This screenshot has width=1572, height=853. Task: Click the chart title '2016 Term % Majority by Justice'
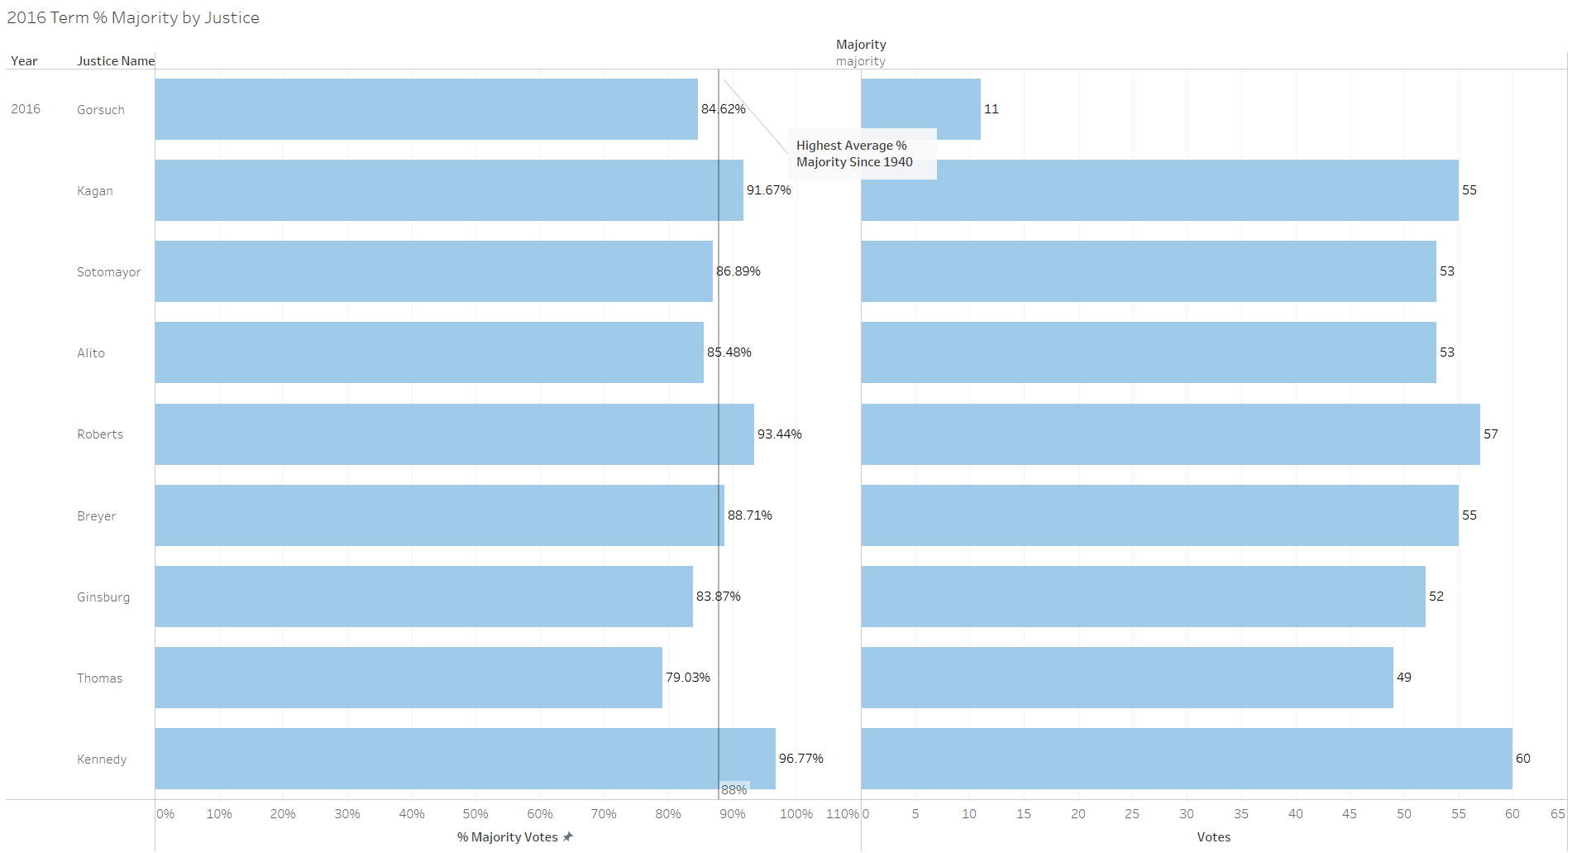133,18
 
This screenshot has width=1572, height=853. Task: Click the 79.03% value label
688,678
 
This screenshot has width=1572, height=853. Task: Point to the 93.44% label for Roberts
780,434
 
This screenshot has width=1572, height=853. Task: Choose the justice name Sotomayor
109,272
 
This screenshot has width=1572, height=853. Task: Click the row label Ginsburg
103,597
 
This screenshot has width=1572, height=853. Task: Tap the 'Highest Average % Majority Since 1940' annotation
855,154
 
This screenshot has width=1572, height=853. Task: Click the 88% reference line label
734,790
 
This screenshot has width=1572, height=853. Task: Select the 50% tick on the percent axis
475,814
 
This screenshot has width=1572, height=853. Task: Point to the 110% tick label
842,814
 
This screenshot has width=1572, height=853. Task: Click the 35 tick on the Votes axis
1241,814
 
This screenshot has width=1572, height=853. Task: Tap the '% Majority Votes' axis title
508,837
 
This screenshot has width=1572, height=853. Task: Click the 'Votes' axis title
1213,837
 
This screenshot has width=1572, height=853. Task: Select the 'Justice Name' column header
116,61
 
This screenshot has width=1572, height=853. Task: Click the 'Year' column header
24,61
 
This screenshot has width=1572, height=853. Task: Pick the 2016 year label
26,109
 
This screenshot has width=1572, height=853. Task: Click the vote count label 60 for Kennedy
1523,759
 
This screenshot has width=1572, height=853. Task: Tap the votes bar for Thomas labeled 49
1126,678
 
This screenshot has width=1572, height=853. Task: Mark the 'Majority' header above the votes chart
861,45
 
